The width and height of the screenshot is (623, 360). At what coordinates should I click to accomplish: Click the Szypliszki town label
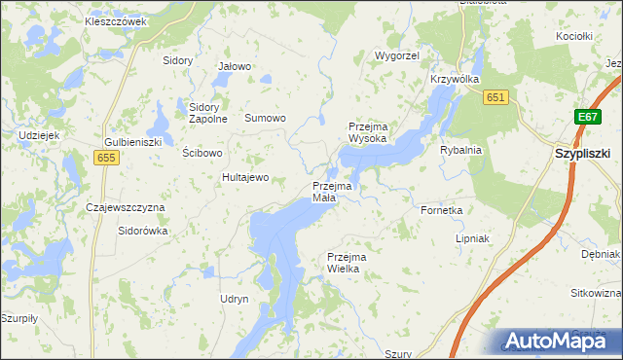(582, 154)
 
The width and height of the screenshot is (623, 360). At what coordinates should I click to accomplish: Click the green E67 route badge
(586, 117)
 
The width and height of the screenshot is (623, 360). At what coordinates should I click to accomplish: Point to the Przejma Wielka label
(344, 263)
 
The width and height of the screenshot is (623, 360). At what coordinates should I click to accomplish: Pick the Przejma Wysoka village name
(368, 132)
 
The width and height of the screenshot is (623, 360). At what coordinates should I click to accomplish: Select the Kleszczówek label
(115, 20)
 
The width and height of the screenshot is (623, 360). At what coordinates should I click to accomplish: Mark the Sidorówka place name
(143, 232)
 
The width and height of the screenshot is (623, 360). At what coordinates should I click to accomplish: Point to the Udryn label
(235, 299)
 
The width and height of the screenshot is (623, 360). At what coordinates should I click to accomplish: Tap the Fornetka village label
(441, 209)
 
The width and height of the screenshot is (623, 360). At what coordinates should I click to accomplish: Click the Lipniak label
(472, 238)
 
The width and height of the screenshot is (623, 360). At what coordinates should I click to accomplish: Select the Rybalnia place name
(461, 151)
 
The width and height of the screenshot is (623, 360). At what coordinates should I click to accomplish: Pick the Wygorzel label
(397, 56)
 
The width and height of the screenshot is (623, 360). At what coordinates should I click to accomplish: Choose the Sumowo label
(265, 118)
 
